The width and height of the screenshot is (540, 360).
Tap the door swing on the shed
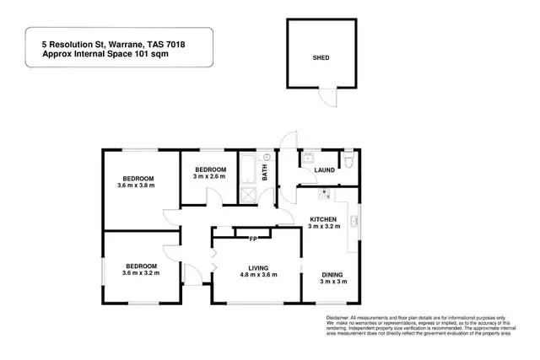tap(329, 98)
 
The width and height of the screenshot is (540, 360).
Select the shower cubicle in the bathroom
tap(250, 195)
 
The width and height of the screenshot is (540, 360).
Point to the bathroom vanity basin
tap(268, 157)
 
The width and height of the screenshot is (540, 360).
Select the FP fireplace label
tap(252, 239)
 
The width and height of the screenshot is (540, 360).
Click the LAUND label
tap(324, 170)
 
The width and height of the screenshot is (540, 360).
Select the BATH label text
tap(265, 173)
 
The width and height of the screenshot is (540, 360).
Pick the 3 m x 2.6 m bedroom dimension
tap(208, 176)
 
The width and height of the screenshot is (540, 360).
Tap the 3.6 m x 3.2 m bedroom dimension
tap(141, 271)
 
